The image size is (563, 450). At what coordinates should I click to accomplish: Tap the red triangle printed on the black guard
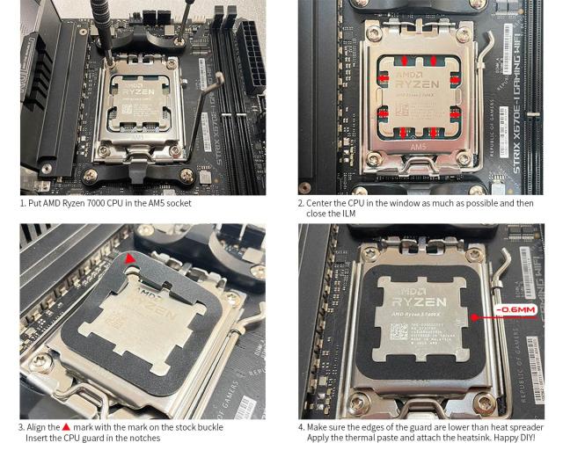coord(130,259)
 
